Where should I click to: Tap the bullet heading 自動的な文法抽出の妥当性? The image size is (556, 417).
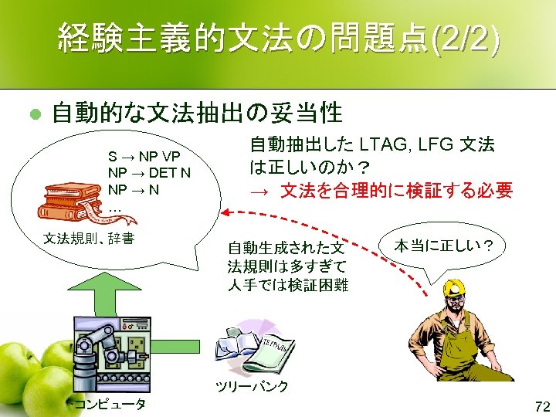tap(196, 114)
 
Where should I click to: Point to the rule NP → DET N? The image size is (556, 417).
tap(150, 171)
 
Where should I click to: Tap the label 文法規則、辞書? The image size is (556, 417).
tap(90, 239)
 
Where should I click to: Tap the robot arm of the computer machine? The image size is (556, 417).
tap(97, 340)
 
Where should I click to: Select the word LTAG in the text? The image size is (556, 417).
tap(385, 144)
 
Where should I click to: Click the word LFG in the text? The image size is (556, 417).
tap(439, 144)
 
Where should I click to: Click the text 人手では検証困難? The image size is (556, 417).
tap(288, 285)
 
